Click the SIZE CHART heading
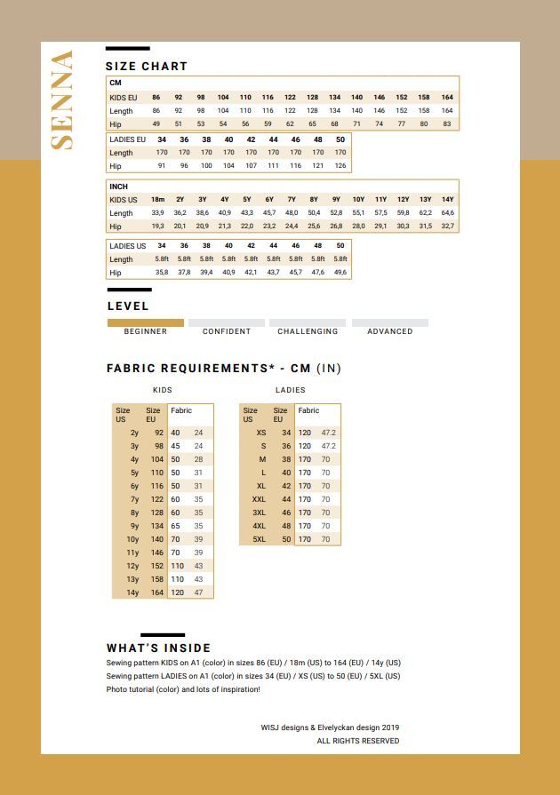147,66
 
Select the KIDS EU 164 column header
447,97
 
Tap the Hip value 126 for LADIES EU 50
340,166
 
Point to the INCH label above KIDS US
118,187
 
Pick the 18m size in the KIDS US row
157,200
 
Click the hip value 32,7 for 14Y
447,227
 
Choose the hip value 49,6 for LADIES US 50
340,273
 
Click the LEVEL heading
128,306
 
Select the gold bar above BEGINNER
146,323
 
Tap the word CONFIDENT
227,331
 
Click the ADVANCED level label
390,331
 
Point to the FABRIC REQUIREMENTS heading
223,368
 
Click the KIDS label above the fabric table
163,390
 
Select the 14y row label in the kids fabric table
133,592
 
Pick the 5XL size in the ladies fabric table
259,539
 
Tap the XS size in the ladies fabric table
261,433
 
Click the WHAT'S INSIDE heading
158,648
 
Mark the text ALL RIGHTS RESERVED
358,741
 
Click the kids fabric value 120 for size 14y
177,592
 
